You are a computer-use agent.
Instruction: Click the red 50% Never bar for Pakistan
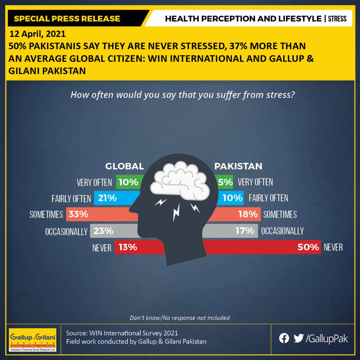point(262,247)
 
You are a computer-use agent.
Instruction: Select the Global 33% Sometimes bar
point(102,214)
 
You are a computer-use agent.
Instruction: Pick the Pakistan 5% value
point(225,182)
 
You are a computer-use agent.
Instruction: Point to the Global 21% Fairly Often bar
point(117,198)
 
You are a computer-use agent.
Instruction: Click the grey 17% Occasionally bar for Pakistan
point(230,231)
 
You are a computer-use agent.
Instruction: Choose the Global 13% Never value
point(128,247)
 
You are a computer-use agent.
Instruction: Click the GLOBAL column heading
point(125,166)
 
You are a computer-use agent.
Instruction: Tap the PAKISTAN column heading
point(238,166)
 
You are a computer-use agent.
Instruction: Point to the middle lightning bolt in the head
point(176,212)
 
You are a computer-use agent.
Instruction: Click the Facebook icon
point(284,339)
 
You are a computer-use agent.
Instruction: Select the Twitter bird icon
point(298,338)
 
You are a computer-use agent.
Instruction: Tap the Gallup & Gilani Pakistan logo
point(32,340)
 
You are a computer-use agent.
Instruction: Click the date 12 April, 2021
point(37,34)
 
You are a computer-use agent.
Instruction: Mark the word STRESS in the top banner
point(337,19)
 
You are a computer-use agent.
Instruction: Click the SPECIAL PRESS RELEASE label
point(67,19)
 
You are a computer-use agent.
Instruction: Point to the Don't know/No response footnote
point(180,318)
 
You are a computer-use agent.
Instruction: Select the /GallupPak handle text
point(327,339)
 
